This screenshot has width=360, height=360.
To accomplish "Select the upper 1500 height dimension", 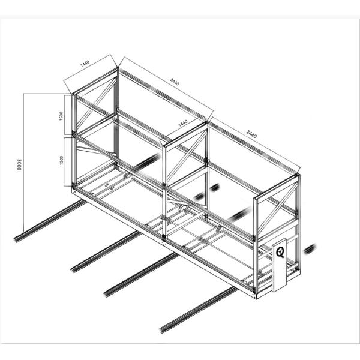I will pyautogui.click(x=61, y=115).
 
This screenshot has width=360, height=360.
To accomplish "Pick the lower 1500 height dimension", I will pyautogui.click(x=61, y=160).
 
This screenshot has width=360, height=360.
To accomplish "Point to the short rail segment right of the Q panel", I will pyautogui.click(x=310, y=248).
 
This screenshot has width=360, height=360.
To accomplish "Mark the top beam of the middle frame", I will pyautogui.click(x=184, y=131).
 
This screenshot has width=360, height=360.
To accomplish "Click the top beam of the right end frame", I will pyautogui.click(x=277, y=185).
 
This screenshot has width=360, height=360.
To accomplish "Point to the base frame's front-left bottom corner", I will pyautogui.click(x=73, y=190).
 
